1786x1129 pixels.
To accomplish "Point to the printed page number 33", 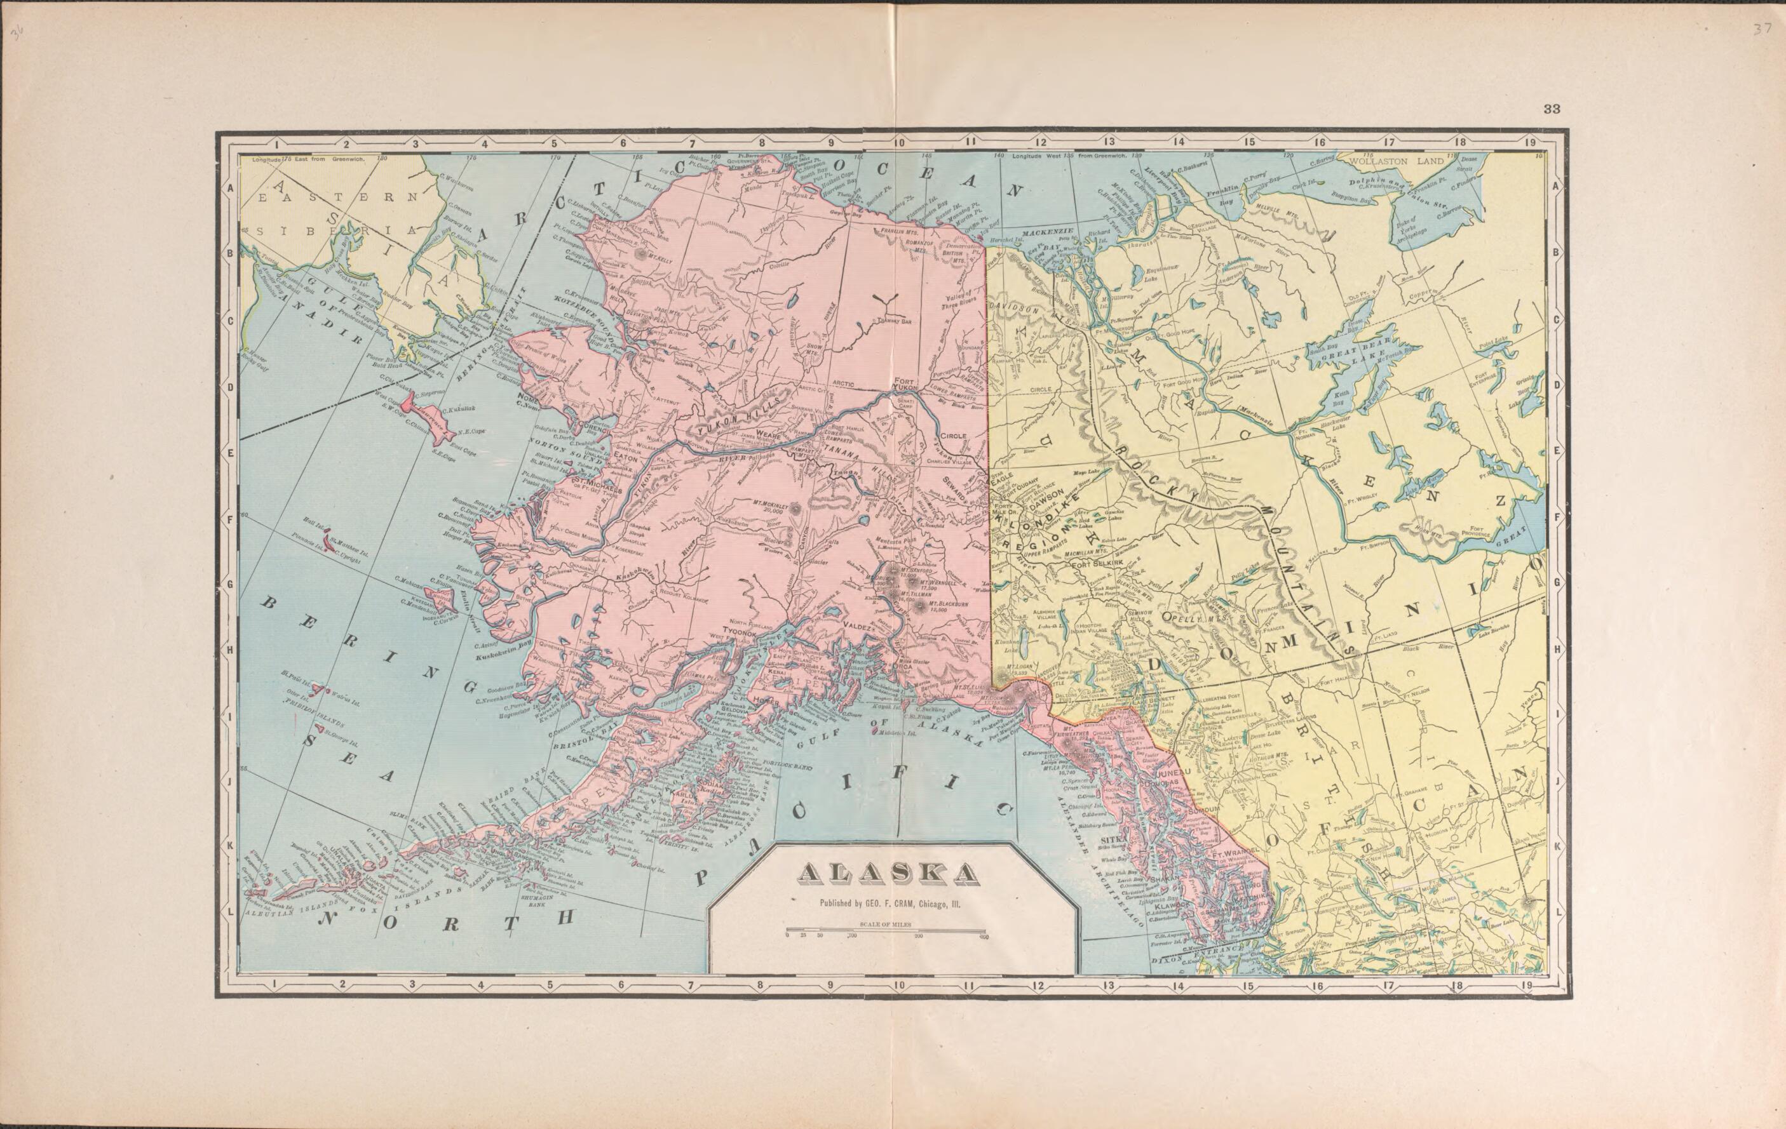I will (1552, 109).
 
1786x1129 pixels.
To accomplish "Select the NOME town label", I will (529, 396).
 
